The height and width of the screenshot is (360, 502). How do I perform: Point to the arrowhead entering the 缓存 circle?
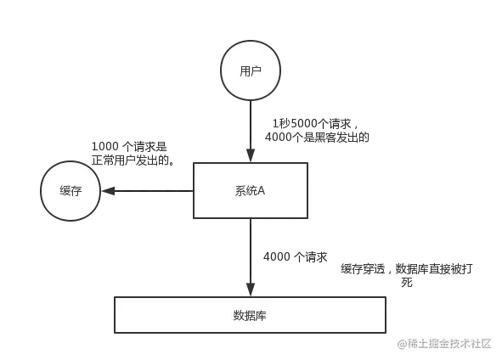click(108, 191)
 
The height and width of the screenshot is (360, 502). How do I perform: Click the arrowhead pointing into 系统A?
click(251, 155)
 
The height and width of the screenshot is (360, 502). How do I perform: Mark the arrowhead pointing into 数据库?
click(251, 290)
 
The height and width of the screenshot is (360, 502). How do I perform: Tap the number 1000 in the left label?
click(105, 147)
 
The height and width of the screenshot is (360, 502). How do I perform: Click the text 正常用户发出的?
click(130, 160)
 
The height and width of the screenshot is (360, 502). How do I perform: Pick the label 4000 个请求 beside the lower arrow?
click(296, 257)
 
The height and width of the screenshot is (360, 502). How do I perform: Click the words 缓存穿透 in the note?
click(363, 269)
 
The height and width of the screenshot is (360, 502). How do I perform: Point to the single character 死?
click(407, 283)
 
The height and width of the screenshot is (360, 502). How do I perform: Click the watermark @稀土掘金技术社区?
click(444, 344)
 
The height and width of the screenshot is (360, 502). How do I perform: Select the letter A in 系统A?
click(261, 191)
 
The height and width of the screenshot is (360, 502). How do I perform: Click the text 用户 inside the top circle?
click(251, 70)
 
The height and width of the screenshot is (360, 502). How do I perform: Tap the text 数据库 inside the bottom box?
click(250, 316)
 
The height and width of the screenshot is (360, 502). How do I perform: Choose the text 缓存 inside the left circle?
click(71, 191)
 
